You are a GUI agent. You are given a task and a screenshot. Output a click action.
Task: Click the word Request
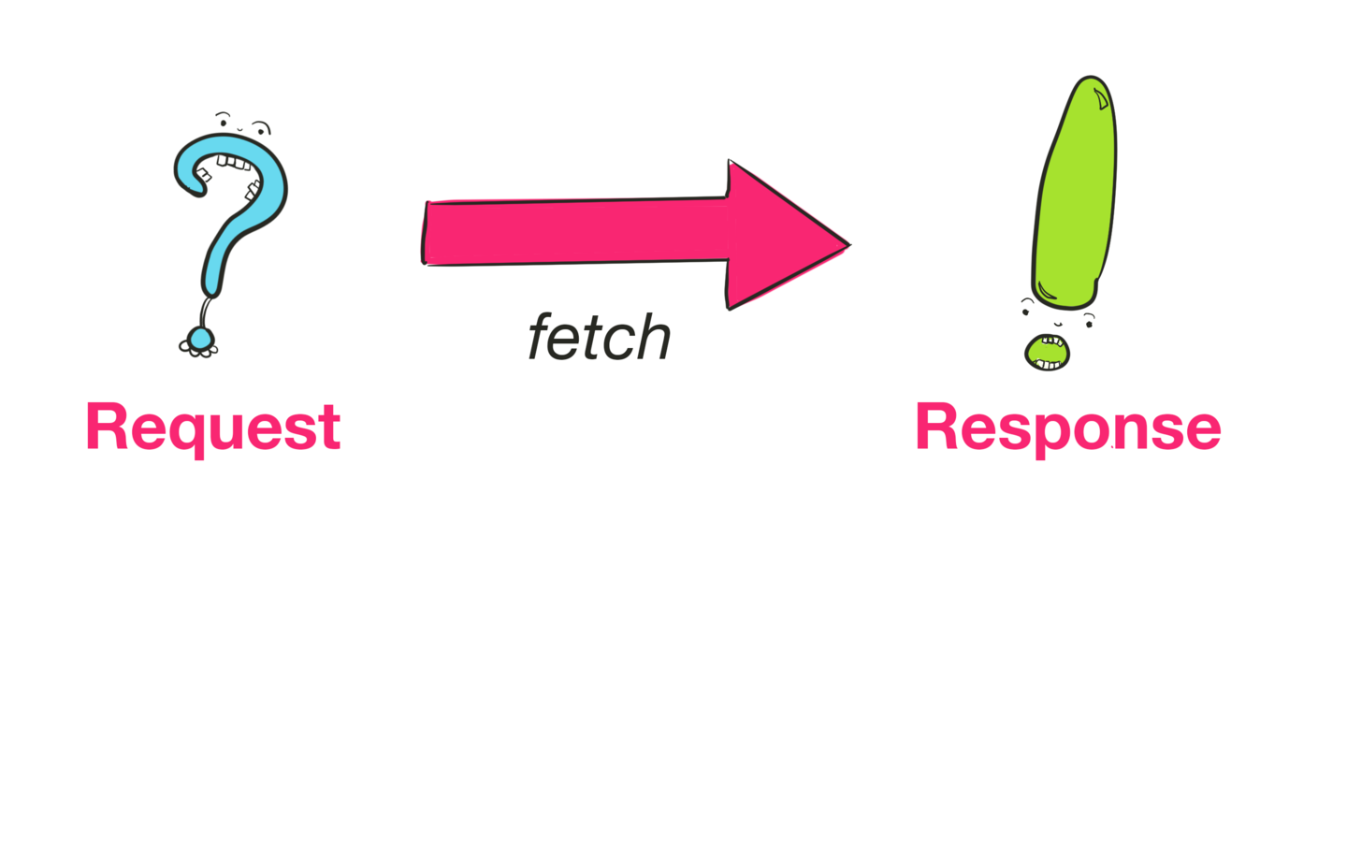(x=212, y=428)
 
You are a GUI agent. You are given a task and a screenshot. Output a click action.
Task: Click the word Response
(x=1067, y=428)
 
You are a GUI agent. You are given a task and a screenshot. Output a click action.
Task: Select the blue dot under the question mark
(x=200, y=338)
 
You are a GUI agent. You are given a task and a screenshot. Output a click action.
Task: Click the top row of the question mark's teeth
(x=234, y=163)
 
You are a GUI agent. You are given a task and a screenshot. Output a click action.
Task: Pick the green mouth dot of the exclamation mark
(x=1047, y=353)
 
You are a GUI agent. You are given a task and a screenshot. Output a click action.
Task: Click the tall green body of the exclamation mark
(x=1076, y=196)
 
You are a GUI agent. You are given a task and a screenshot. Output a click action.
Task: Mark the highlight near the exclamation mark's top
(x=1102, y=97)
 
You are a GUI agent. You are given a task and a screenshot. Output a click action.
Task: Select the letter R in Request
(x=106, y=427)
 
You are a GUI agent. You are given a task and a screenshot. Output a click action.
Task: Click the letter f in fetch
(x=542, y=337)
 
